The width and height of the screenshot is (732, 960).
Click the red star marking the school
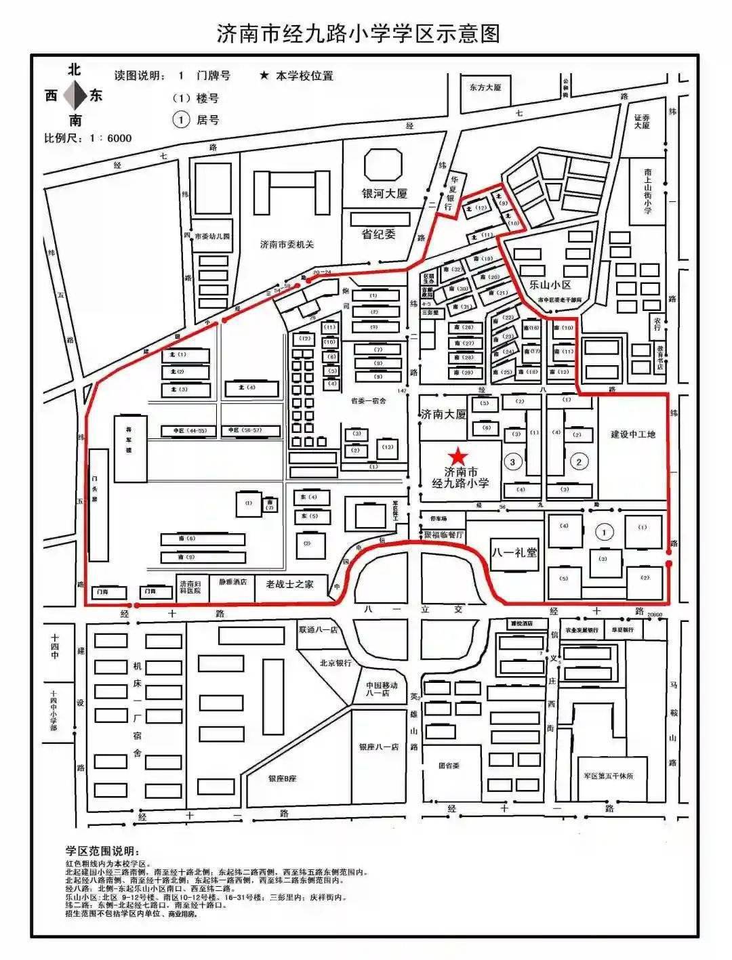pyautogui.click(x=459, y=455)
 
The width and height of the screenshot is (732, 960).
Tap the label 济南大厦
pyautogui.click(x=443, y=414)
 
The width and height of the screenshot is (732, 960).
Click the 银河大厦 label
pyautogui.click(x=384, y=194)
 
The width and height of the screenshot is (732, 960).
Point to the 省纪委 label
pyautogui.click(x=379, y=234)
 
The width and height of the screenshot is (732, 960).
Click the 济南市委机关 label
pyautogui.click(x=287, y=244)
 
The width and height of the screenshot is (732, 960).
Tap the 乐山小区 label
pyautogui.click(x=550, y=285)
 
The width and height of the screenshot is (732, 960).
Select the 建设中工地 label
pyautogui.click(x=633, y=434)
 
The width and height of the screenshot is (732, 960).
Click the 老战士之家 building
pyautogui.click(x=289, y=584)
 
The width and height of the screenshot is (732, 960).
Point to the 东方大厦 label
pyautogui.click(x=485, y=87)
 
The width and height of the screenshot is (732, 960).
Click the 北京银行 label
pyautogui.click(x=335, y=663)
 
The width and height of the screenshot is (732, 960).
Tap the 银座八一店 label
pyautogui.click(x=379, y=747)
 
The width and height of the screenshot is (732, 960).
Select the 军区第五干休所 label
pyautogui.click(x=608, y=776)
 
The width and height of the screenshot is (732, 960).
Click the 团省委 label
pyautogui.click(x=449, y=766)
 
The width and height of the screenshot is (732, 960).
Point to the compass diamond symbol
pyautogui.click(x=75, y=96)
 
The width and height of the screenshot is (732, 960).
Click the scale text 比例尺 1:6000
pyautogui.click(x=88, y=138)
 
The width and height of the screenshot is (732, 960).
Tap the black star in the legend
pyautogui.click(x=264, y=76)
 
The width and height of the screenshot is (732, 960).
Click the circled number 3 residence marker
pyautogui.click(x=512, y=462)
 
